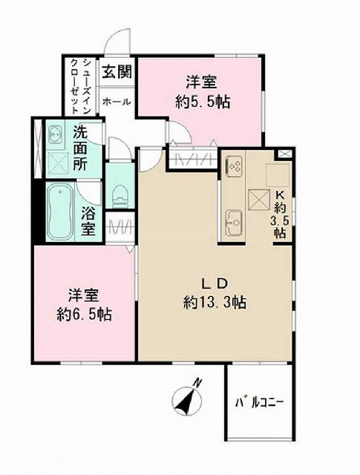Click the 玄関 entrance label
[117, 72]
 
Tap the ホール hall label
[117, 102]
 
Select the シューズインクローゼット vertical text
[80, 86]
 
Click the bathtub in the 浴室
[60, 212]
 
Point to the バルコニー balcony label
[259, 403]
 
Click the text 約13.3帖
[215, 302]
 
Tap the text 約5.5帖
[202, 102]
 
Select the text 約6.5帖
[84, 315]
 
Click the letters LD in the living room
[215, 284]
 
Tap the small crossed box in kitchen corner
[284, 154]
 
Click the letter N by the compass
[197, 383]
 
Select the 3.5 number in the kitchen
[280, 220]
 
